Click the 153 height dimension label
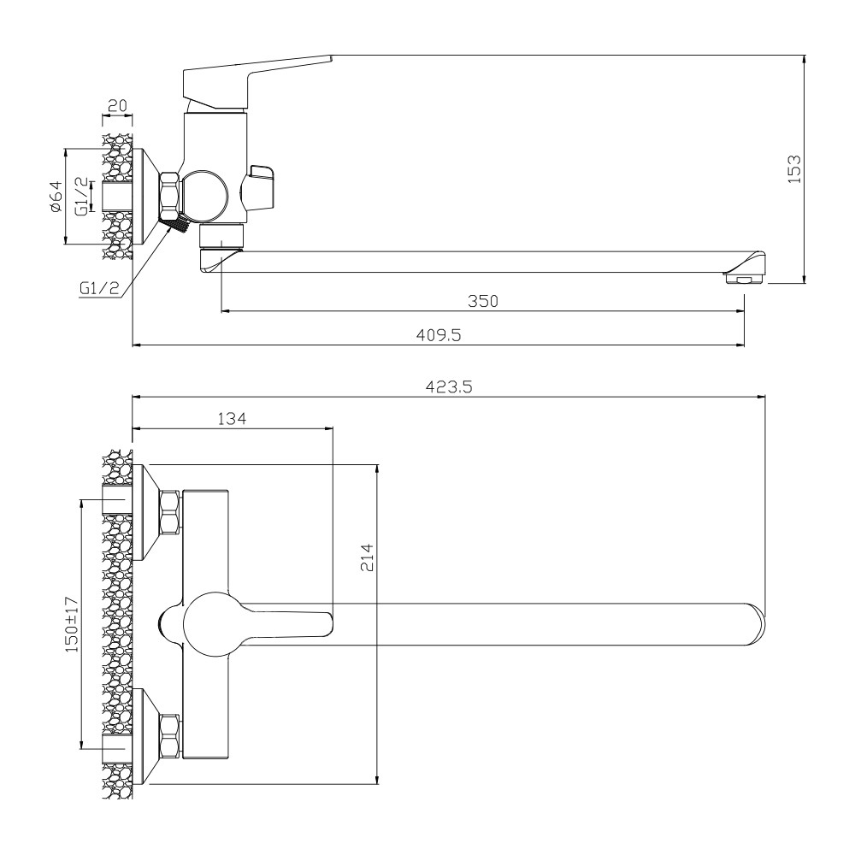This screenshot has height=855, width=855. click(793, 169)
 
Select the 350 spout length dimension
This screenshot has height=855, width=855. click(482, 300)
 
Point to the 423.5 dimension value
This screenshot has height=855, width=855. click(450, 386)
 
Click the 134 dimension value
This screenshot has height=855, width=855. click(232, 418)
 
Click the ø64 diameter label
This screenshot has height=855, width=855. click(55, 198)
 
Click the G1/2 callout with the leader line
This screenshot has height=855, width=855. click(97, 288)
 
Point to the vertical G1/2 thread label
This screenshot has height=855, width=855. click(81, 197)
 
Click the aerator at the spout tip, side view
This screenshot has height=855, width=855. click(742, 278)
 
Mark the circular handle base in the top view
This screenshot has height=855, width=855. click(207, 624)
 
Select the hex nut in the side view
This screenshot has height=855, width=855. click(169, 195)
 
